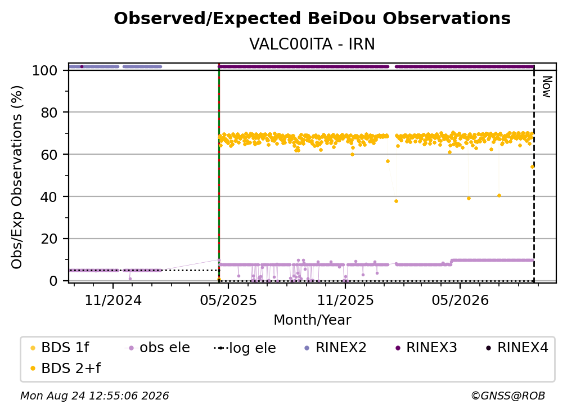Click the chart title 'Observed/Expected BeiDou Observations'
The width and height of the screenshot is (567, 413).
coord(312,19)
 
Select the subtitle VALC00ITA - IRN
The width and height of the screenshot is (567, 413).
coord(312,44)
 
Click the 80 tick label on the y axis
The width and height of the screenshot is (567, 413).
coord(49,113)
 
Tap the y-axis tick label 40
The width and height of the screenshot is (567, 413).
coord(49,197)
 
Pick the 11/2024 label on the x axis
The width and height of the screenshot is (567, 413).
coord(113,300)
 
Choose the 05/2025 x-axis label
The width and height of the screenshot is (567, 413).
coord(228,300)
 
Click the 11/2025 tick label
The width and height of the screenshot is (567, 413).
coord(345,300)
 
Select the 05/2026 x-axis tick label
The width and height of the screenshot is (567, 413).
coord(460,300)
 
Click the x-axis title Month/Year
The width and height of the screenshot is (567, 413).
coord(312,320)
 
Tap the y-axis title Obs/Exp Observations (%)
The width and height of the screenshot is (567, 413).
coord(17,177)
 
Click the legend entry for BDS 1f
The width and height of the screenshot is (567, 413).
coord(60,348)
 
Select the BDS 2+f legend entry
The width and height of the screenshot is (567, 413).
coord(65,369)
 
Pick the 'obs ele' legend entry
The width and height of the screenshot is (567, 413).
coord(157,348)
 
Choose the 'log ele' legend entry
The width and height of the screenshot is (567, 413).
coord(245,348)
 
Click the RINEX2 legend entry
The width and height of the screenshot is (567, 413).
coord(335,348)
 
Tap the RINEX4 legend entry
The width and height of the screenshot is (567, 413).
coord(517,348)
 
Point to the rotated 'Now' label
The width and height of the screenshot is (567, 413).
coord(547,87)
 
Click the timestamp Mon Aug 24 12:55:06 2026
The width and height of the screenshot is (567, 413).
coord(94,396)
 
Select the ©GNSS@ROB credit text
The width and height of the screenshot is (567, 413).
coord(508,396)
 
